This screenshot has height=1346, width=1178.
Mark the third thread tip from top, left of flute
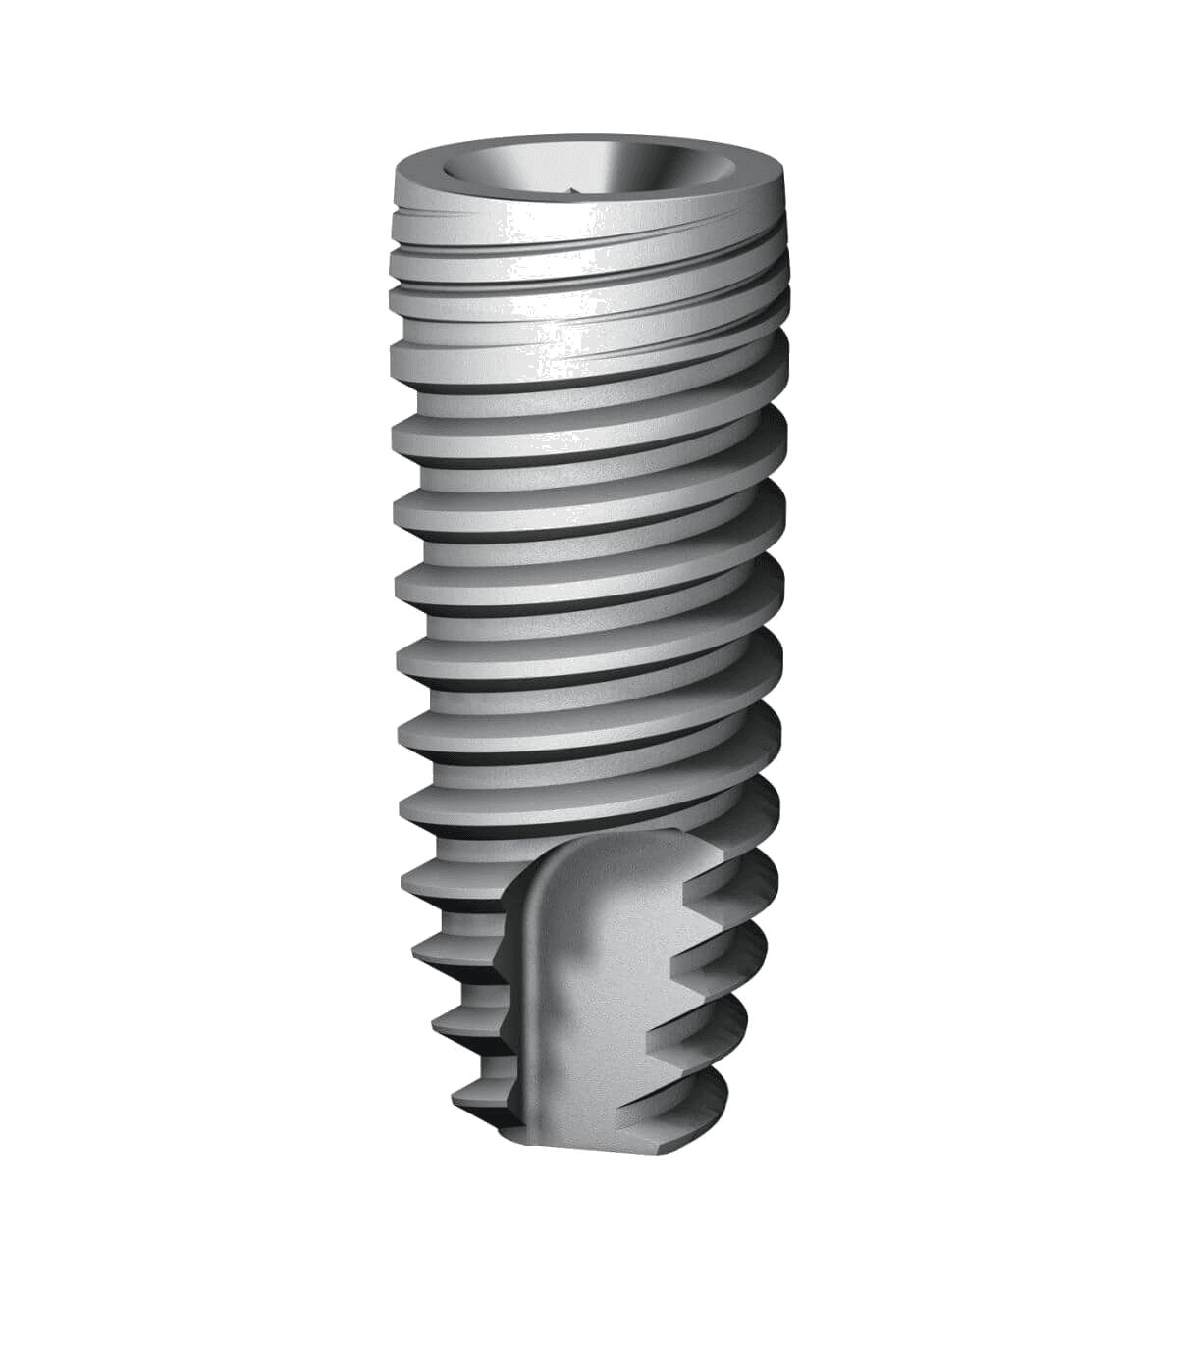[442, 1020]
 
